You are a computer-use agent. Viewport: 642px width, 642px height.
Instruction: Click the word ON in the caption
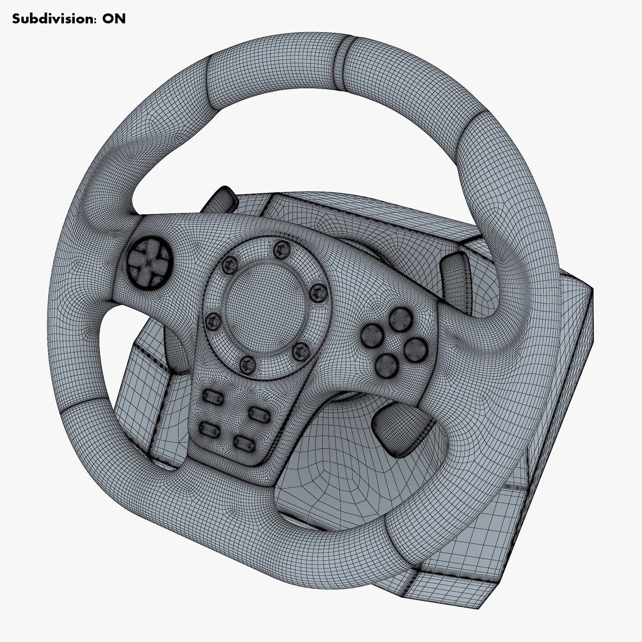tap(114, 19)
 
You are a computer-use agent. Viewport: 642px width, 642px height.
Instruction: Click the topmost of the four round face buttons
tap(401, 317)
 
